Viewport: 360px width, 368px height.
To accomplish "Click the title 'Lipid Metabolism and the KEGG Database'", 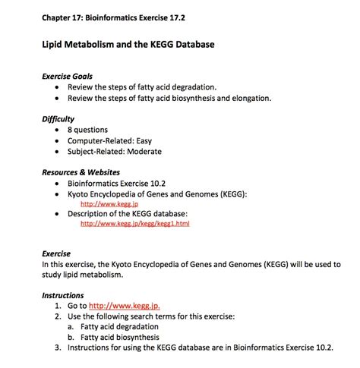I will pos(128,45).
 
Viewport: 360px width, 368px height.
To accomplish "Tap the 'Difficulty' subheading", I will pos(58,119).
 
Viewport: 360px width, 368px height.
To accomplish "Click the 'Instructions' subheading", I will pos(63,294).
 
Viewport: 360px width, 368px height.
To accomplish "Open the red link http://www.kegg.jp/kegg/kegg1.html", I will pos(134,224).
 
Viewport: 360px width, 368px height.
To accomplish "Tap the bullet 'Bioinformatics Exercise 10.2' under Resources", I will pos(121,183).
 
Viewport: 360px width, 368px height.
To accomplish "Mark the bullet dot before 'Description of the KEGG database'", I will pos(58,213).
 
